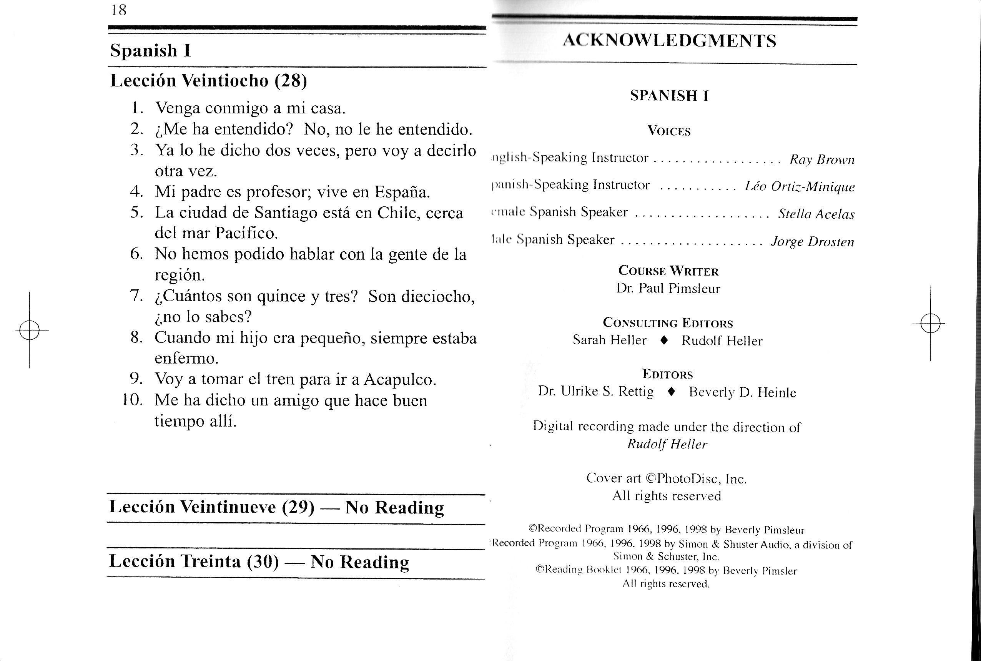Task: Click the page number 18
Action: pos(119,10)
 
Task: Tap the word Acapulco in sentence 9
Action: pos(400,379)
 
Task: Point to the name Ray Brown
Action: pos(821,159)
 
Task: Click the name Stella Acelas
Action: pos(816,214)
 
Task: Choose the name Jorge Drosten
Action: pos(812,242)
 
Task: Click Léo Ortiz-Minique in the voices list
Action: pos(799,186)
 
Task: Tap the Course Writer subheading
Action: pos(668,271)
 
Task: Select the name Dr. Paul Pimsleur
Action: pos(668,288)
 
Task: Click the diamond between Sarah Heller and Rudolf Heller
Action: pos(663,340)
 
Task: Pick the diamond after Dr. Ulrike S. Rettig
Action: pos(672,392)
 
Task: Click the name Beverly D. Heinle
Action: pos(742,392)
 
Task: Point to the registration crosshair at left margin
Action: pos(29,330)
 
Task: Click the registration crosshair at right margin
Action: pos(930,323)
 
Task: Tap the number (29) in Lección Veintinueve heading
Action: pos(298,507)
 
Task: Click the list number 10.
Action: pos(132,400)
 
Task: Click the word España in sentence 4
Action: pos(402,192)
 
